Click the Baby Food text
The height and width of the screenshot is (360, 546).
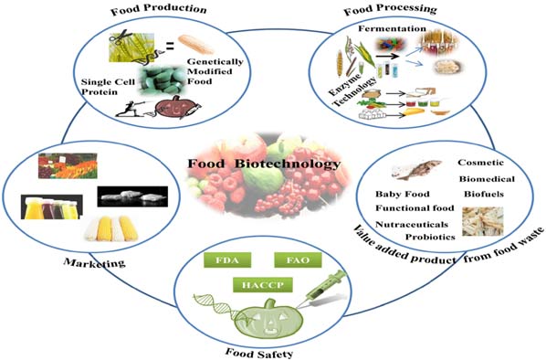coord(399,195)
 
